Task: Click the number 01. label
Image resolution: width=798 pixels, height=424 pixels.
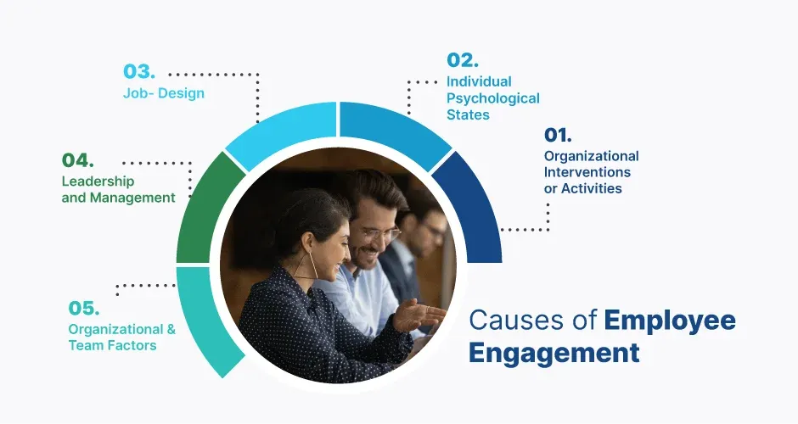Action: tap(558, 135)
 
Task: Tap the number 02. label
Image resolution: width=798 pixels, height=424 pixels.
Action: tap(463, 60)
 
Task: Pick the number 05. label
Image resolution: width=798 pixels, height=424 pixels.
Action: tap(85, 308)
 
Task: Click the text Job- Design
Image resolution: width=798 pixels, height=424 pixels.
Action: tap(164, 93)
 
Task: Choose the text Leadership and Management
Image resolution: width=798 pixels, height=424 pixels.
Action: tap(118, 189)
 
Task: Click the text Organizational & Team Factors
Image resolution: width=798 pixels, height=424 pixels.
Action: tap(122, 337)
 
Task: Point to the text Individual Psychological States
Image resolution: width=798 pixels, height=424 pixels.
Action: tap(492, 98)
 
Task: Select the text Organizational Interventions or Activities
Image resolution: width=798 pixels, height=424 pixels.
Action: tap(591, 172)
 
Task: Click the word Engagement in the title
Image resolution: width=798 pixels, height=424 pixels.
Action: tap(554, 352)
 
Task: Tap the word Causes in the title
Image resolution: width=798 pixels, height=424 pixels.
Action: tap(509, 320)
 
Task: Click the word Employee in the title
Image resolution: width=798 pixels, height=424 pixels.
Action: tap(670, 320)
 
